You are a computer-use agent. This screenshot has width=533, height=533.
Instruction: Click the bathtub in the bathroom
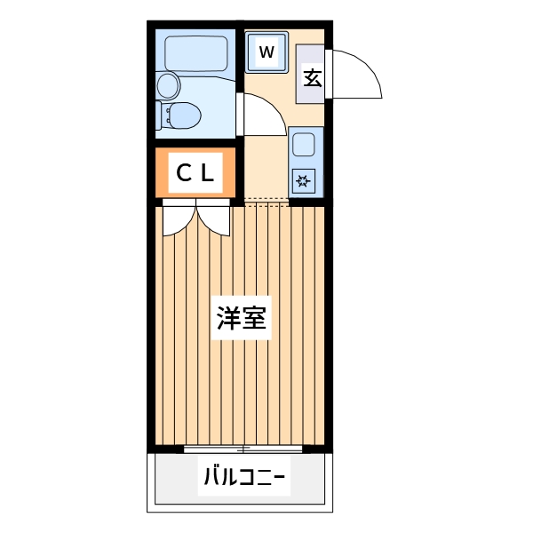(195, 52)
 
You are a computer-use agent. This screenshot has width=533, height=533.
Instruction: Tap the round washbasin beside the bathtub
(168, 86)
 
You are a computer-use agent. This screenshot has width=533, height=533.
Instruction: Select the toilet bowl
(183, 115)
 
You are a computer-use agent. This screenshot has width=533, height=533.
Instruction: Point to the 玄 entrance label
(312, 77)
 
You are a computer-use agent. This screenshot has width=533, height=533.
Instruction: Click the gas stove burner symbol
(304, 182)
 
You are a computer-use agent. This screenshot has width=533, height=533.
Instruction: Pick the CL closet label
(195, 174)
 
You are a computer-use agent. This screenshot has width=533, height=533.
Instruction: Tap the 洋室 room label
(242, 318)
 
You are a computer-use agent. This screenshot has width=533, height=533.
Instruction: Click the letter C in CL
(183, 174)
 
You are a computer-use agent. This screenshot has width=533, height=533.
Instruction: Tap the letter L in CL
(207, 174)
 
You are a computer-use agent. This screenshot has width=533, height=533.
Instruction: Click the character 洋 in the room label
(229, 318)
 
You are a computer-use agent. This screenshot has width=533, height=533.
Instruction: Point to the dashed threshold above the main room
(266, 202)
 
